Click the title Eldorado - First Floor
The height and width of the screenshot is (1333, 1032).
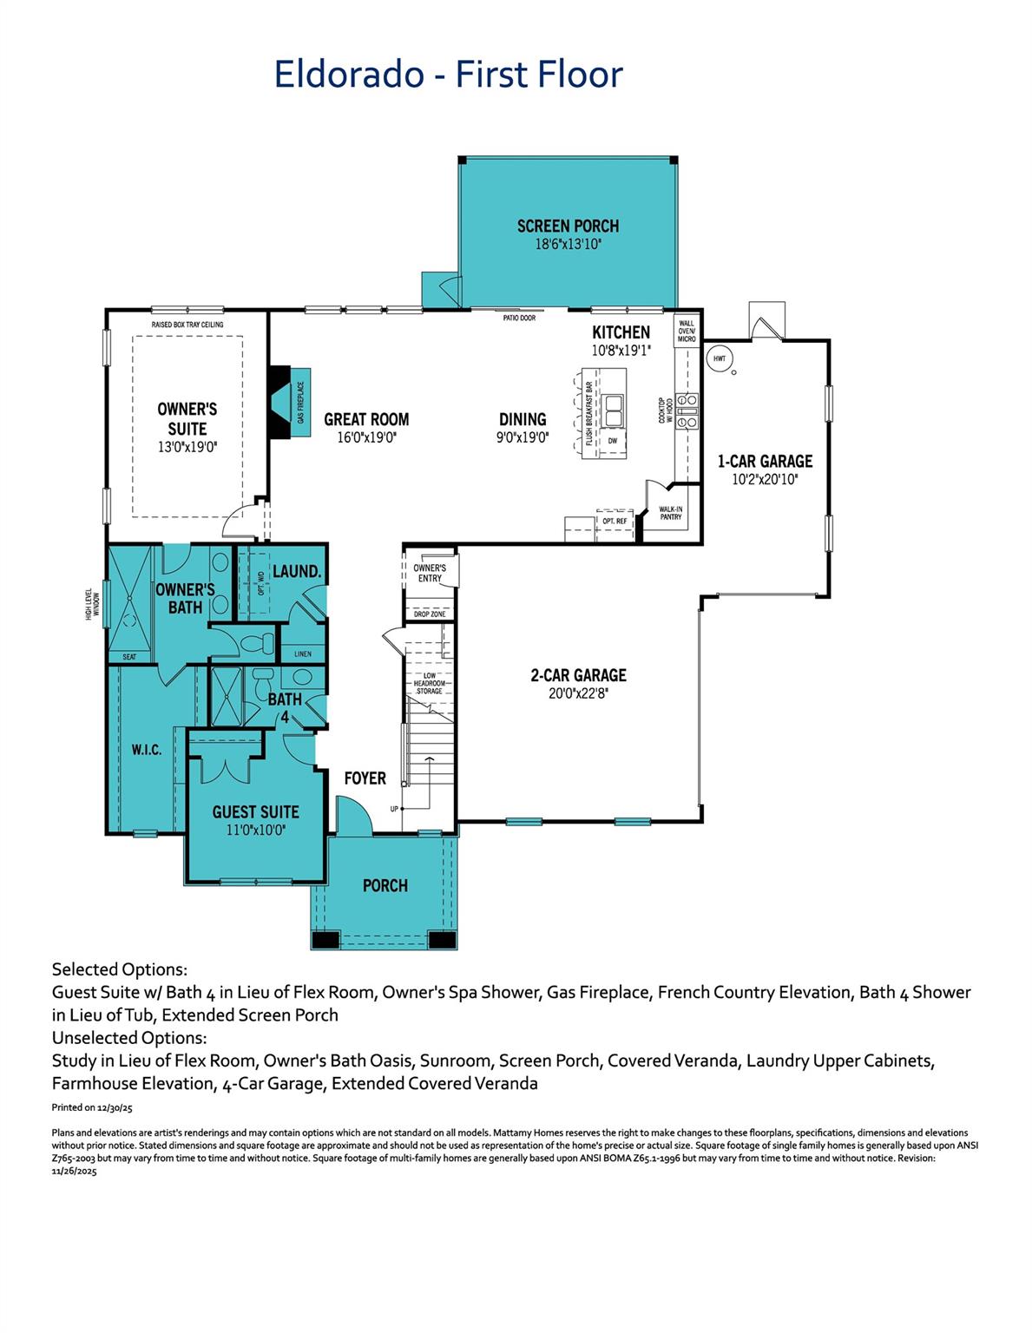[448, 75]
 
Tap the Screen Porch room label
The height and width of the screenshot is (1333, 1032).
[568, 227]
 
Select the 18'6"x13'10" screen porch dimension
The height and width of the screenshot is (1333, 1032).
[568, 246]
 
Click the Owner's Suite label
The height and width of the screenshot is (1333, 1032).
[187, 418]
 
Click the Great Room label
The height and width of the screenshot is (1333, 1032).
[366, 419]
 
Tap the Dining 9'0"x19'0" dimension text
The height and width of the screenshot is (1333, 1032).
[523, 438]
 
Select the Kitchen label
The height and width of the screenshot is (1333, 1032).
[621, 332]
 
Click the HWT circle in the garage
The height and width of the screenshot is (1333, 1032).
[720, 358]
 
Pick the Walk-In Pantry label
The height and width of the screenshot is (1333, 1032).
[670, 513]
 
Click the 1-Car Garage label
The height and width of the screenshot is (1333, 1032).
[765, 462]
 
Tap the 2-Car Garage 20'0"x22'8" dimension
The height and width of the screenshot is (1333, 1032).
[578, 693]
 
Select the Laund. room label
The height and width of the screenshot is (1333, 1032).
[297, 573]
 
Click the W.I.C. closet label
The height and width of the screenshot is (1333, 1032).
[147, 750]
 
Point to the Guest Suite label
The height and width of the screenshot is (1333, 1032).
[255, 812]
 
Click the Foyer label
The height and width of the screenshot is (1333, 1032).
[365, 778]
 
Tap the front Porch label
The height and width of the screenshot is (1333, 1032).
[385, 886]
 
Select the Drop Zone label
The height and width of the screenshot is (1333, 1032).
[430, 614]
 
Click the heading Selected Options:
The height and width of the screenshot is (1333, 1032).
[120, 969]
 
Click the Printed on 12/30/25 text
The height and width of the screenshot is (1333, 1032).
[92, 1107]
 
